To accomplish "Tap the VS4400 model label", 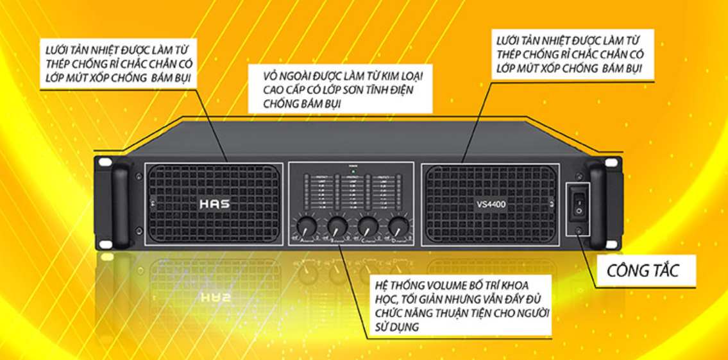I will pyautogui.click(x=491, y=205).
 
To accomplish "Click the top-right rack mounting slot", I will pyautogui.click(x=614, y=162).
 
